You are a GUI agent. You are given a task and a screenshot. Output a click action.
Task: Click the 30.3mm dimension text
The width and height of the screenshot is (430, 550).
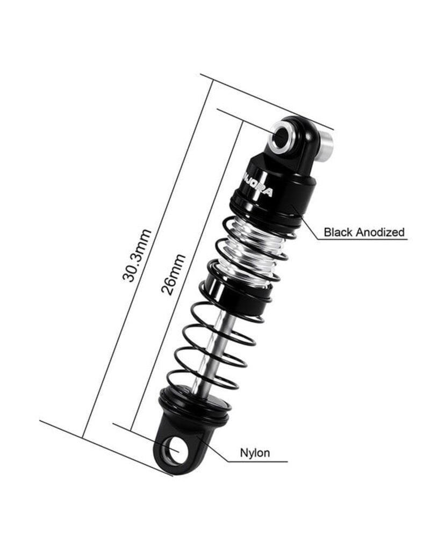(137, 255)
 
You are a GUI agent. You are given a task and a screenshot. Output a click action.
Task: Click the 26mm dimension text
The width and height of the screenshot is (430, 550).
(174, 274)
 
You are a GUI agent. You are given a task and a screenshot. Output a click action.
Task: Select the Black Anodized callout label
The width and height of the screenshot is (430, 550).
(363, 233)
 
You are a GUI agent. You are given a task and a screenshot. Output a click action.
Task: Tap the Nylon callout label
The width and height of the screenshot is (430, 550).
(255, 453)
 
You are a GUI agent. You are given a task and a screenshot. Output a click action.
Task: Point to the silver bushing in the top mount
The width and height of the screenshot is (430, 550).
(281, 136)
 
